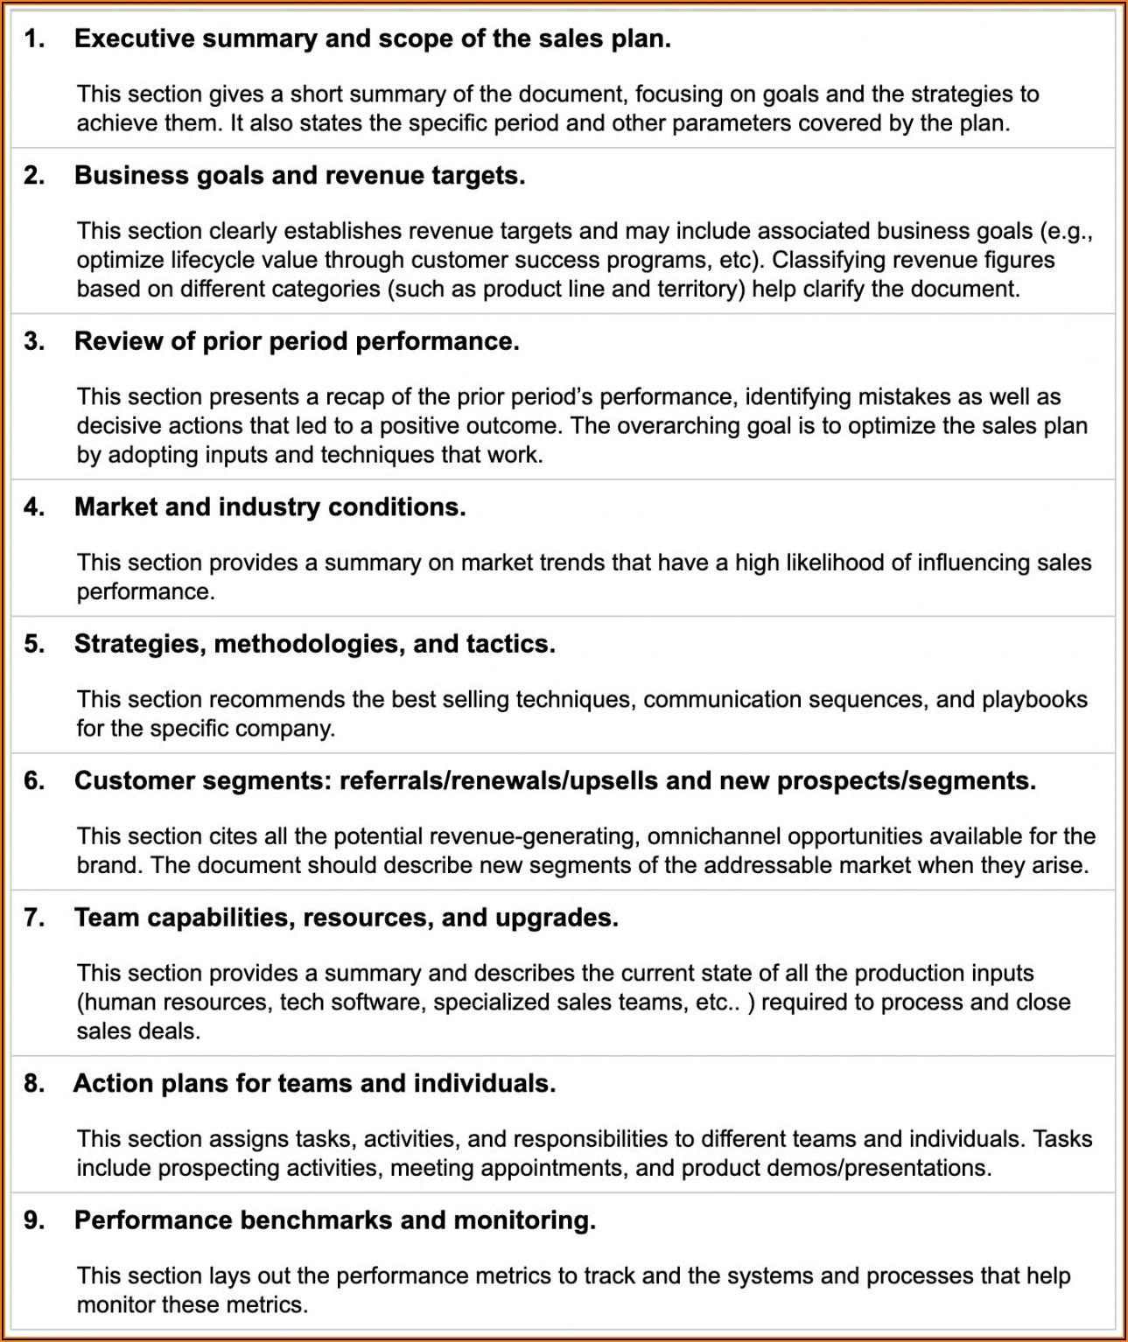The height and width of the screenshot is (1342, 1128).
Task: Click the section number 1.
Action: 34,39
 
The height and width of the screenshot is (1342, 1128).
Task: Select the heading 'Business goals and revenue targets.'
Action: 299,176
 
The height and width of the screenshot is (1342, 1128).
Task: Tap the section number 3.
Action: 34,342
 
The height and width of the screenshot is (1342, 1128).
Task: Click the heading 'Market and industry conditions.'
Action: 270,507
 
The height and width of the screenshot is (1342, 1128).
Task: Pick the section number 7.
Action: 34,918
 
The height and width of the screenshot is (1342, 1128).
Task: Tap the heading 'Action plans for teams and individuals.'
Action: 314,1084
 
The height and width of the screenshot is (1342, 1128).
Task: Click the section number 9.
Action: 34,1220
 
